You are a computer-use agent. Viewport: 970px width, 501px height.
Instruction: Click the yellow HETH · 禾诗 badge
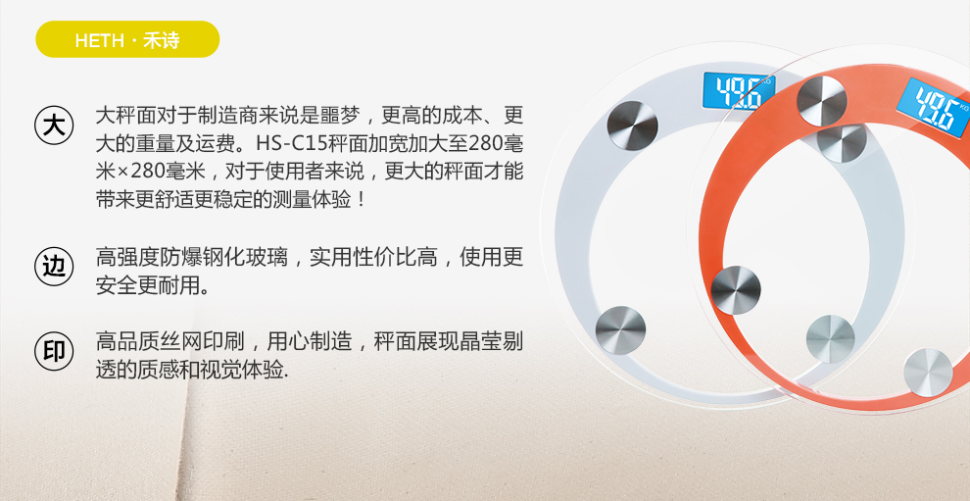pos(127,39)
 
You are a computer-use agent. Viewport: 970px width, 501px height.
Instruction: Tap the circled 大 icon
pos(54,125)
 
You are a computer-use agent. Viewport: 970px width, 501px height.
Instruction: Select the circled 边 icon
pos(54,267)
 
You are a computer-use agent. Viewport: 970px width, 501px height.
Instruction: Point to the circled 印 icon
pos(54,351)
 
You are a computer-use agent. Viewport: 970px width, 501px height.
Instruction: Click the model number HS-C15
pos(291,144)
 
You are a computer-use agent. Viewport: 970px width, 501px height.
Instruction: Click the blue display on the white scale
pos(739,91)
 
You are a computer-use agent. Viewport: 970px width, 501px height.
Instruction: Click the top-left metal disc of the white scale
pos(632,125)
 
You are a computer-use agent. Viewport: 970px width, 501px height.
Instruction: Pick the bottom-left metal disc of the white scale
pos(620,330)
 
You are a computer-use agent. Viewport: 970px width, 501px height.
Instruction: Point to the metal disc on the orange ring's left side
pos(736,290)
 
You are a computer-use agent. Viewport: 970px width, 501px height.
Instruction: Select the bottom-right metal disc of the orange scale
pos(928,373)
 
